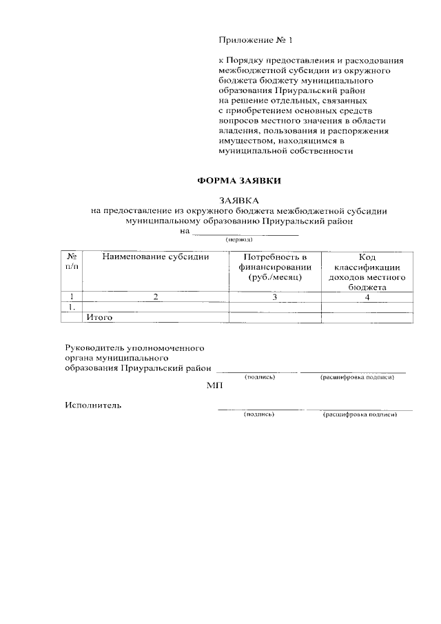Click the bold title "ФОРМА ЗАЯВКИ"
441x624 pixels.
[239, 181]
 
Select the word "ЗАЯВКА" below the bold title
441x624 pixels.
[238, 201]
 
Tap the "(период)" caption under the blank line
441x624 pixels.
[238, 239]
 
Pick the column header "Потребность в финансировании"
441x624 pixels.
[275, 266]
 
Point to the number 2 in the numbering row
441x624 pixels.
[156, 296]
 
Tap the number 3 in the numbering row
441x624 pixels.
[274, 296]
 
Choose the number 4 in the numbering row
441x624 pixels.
[367, 296]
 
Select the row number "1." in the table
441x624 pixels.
[71, 307]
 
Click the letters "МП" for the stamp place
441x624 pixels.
[214, 386]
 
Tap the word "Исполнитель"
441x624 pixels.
[93, 405]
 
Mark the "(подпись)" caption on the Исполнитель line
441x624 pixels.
[259, 415]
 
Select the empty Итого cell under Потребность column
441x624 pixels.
[275, 318]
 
